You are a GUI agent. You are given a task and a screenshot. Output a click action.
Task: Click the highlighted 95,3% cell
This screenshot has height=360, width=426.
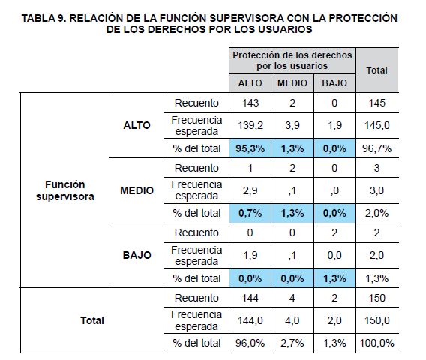pyautogui.click(x=250, y=148)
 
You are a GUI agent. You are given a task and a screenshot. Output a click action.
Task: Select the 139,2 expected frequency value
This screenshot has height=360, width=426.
pyautogui.click(x=250, y=125)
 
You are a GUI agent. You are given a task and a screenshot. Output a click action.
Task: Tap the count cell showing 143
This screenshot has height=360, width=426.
pyautogui.click(x=250, y=103)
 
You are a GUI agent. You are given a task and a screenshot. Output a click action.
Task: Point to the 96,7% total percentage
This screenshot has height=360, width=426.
pyautogui.click(x=376, y=148)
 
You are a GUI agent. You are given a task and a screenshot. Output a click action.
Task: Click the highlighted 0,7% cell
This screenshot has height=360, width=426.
pyautogui.click(x=250, y=213)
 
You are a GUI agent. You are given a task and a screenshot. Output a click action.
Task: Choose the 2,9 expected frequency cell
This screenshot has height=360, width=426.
pyautogui.click(x=250, y=190)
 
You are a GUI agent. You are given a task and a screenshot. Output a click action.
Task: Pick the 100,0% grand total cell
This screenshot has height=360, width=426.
pyautogui.click(x=376, y=343)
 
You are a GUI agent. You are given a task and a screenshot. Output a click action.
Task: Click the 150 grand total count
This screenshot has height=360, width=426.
pyautogui.click(x=376, y=298)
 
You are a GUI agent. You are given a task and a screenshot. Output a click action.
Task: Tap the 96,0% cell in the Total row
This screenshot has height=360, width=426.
pyautogui.click(x=250, y=343)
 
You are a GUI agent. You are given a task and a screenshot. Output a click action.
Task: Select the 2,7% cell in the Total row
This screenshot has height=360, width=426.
pyautogui.click(x=292, y=343)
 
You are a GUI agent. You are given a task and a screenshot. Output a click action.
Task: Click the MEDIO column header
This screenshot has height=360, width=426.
pyautogui.click(x=292, y=82)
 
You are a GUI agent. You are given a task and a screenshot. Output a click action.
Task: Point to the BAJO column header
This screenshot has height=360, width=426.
pyautogui.click(x=334, y=82)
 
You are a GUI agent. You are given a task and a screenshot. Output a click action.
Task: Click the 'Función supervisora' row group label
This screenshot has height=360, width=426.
pyautogui.click(x=65, y=190)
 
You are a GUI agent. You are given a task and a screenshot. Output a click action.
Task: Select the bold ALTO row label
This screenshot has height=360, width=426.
pyautogui.click(x=136, y=125)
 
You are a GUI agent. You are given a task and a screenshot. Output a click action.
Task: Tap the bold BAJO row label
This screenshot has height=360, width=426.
pyautogui.click(x=136, y=255)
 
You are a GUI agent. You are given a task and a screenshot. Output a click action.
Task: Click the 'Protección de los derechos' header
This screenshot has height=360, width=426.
pyautogui.click(x=292, y=55)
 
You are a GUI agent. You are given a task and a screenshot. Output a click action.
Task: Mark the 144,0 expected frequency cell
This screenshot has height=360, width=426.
pyautogui.click(x=250, y=320)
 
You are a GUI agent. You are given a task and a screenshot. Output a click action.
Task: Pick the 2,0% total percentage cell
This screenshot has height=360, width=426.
pyautogui.click(x=376, y=213)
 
